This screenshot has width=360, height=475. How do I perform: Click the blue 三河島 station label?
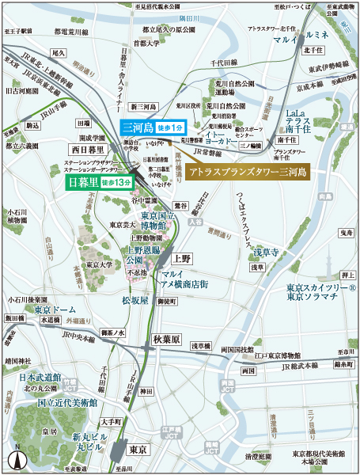[136, 127]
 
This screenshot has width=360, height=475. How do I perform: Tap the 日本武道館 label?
[40, 378]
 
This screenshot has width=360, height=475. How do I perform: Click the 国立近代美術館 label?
[66, 402]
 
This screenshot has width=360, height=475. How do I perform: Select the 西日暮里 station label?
[87, 148]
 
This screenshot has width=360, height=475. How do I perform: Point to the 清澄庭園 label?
[260, 457]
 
